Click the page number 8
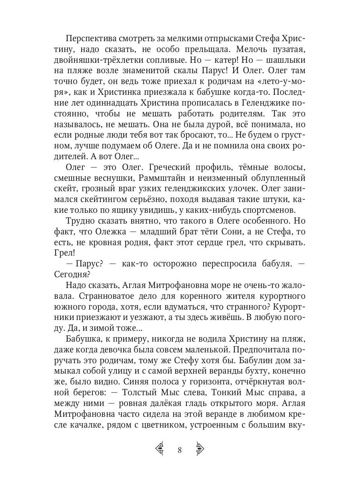coord(180,450)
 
